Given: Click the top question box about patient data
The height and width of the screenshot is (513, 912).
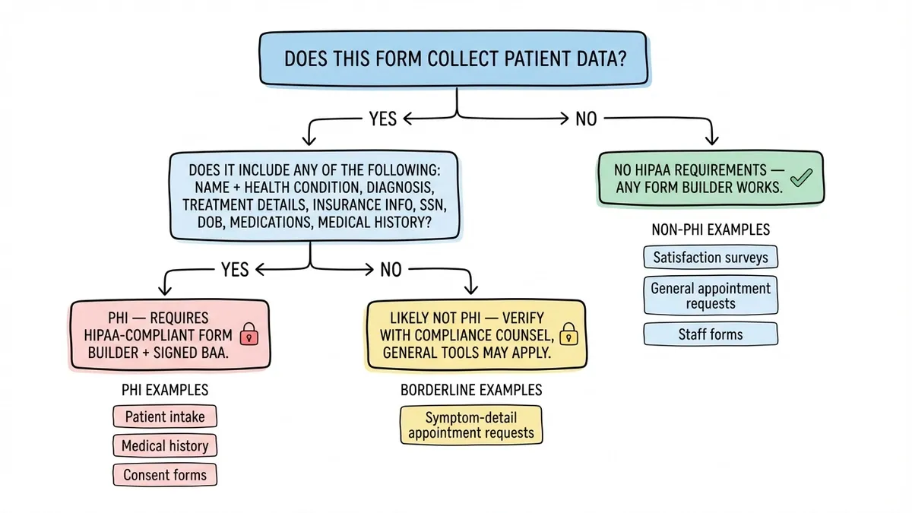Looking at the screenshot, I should point(455,59).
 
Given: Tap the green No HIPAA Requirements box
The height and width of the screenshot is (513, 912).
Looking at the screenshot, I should point(710,178).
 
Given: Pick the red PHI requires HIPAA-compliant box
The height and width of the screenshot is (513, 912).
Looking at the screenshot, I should point(169,335).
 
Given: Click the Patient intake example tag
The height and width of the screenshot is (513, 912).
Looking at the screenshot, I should point(165,416).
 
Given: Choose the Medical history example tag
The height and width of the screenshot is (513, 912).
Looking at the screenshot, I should point(165,445).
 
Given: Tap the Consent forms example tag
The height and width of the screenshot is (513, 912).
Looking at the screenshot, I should point(165,475).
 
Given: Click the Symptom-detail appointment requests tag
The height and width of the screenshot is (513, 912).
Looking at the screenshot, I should point(470,425).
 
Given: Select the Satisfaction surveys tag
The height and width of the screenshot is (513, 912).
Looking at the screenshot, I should point(711,257).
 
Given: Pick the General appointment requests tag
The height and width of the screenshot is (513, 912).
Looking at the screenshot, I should point(711,296).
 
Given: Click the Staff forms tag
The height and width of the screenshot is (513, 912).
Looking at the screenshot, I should point(711,334).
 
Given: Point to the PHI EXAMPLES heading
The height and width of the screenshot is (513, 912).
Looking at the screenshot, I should point(165,390).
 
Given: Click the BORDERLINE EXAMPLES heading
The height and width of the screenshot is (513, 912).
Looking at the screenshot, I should point(471,390).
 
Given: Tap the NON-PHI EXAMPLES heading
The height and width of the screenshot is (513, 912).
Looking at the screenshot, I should point(711,229).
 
